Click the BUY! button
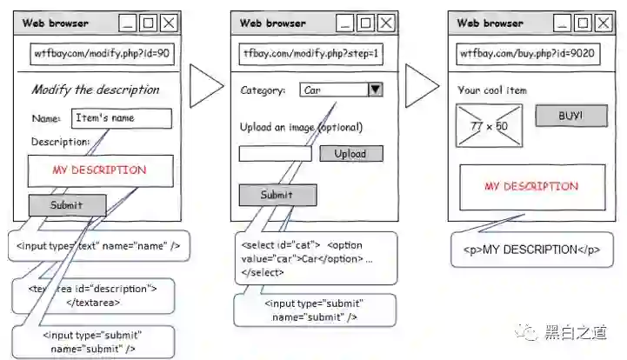point(570,116)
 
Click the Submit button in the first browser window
point(67,205)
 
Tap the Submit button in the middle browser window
point(277,196)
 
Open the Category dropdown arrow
point(375,89)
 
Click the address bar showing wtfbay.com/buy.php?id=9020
point(529,54)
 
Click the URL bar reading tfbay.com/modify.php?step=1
point(311,54)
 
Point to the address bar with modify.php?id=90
point(103,54)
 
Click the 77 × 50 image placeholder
point(489,126)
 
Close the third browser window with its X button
point(603,23)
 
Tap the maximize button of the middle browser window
point(365,23)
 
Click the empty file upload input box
point(275,154)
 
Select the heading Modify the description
point(96,90)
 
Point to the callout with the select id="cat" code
point(315,257)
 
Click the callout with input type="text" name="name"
point(97,246)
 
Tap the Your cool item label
point(491,90)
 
